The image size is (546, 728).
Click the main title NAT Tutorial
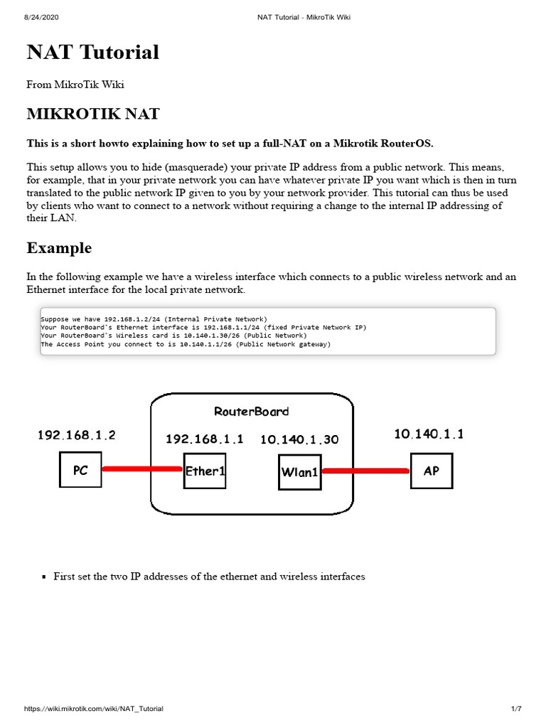point(93,53)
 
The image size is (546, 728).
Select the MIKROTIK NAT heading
point(93,114)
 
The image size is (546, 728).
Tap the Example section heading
point(59,248)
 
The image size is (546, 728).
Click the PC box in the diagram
point(80,471)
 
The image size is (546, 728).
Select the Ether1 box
point(205,471)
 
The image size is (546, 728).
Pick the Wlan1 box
point(299,471)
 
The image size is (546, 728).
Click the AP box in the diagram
point(431,471)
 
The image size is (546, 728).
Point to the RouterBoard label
point(252,412)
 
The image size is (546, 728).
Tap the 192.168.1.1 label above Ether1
point(204,439)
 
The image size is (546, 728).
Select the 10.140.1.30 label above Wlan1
point(299,440)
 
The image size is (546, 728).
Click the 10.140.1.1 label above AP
point(429,434)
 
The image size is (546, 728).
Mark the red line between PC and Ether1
point(142,469)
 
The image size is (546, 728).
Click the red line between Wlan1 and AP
point(365,471)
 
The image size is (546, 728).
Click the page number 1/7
point(517,709)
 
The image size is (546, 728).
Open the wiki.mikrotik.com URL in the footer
point(94,709)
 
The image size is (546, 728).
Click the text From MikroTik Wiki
point(75,85)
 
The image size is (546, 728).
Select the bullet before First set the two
point(44,577)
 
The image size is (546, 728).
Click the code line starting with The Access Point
point(186,344)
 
